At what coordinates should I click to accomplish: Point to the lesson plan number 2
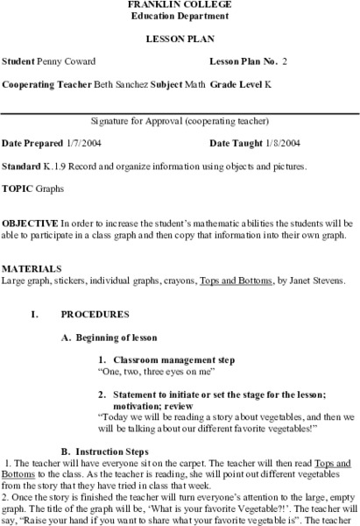click(x=285, y=63)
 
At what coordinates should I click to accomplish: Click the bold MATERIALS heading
click(x=27, y=267)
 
